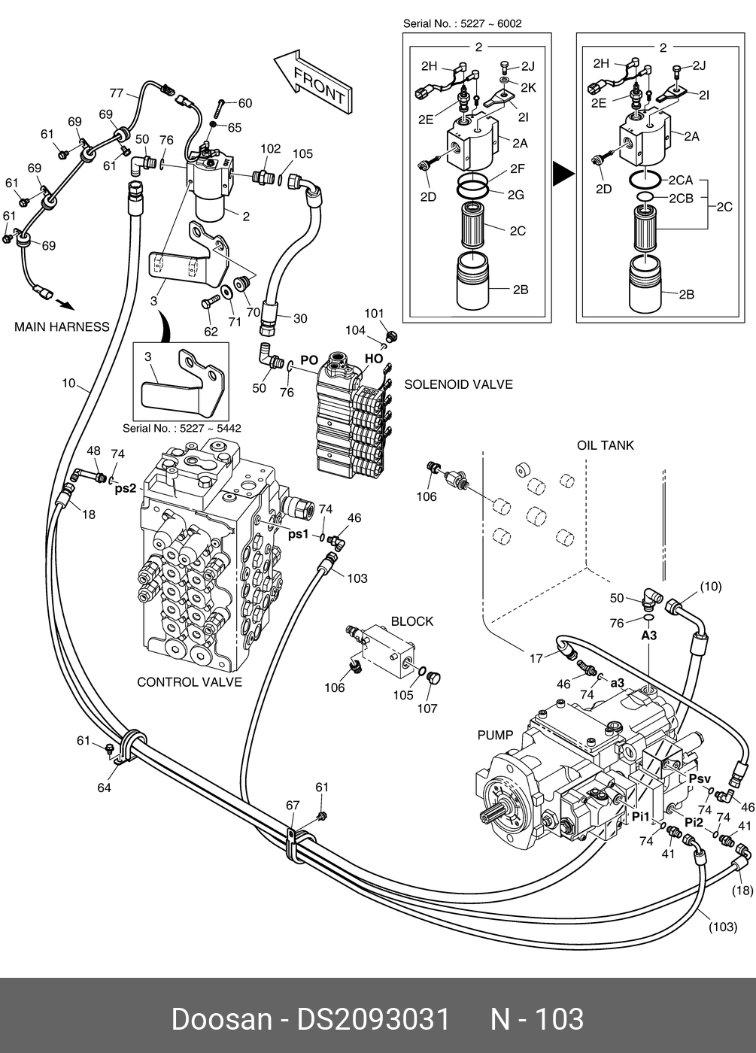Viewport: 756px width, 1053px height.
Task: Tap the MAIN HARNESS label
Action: coord(62,326)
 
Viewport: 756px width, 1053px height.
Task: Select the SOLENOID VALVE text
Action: coord(458,384)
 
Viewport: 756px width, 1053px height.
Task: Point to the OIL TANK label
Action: coord(605,445)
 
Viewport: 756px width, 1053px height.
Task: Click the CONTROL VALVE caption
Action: coord(190,682)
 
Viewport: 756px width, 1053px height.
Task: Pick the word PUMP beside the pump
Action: coord(495,735)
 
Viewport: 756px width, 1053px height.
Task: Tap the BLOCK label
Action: coord(411,621)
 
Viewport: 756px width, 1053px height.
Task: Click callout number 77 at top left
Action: coord(116,93)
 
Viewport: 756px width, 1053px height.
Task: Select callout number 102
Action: coord(270,149)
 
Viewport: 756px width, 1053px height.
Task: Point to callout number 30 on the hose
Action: coord(300,319)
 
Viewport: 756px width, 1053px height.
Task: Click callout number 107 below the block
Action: coord(427,708)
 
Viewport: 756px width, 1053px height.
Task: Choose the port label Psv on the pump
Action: coord(700,778)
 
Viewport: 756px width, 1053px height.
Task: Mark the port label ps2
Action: coord(125,488)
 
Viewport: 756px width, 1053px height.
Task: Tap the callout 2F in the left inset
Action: coord(517,168)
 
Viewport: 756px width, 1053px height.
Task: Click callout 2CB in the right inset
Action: coord(681,198)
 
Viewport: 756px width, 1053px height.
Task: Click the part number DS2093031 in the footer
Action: coord(374,1019)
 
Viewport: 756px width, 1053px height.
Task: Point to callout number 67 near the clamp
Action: coord(293,806)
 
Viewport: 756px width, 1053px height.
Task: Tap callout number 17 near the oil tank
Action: coord(536,658)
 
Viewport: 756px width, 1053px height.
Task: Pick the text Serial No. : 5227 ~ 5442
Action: coord(181,428)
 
